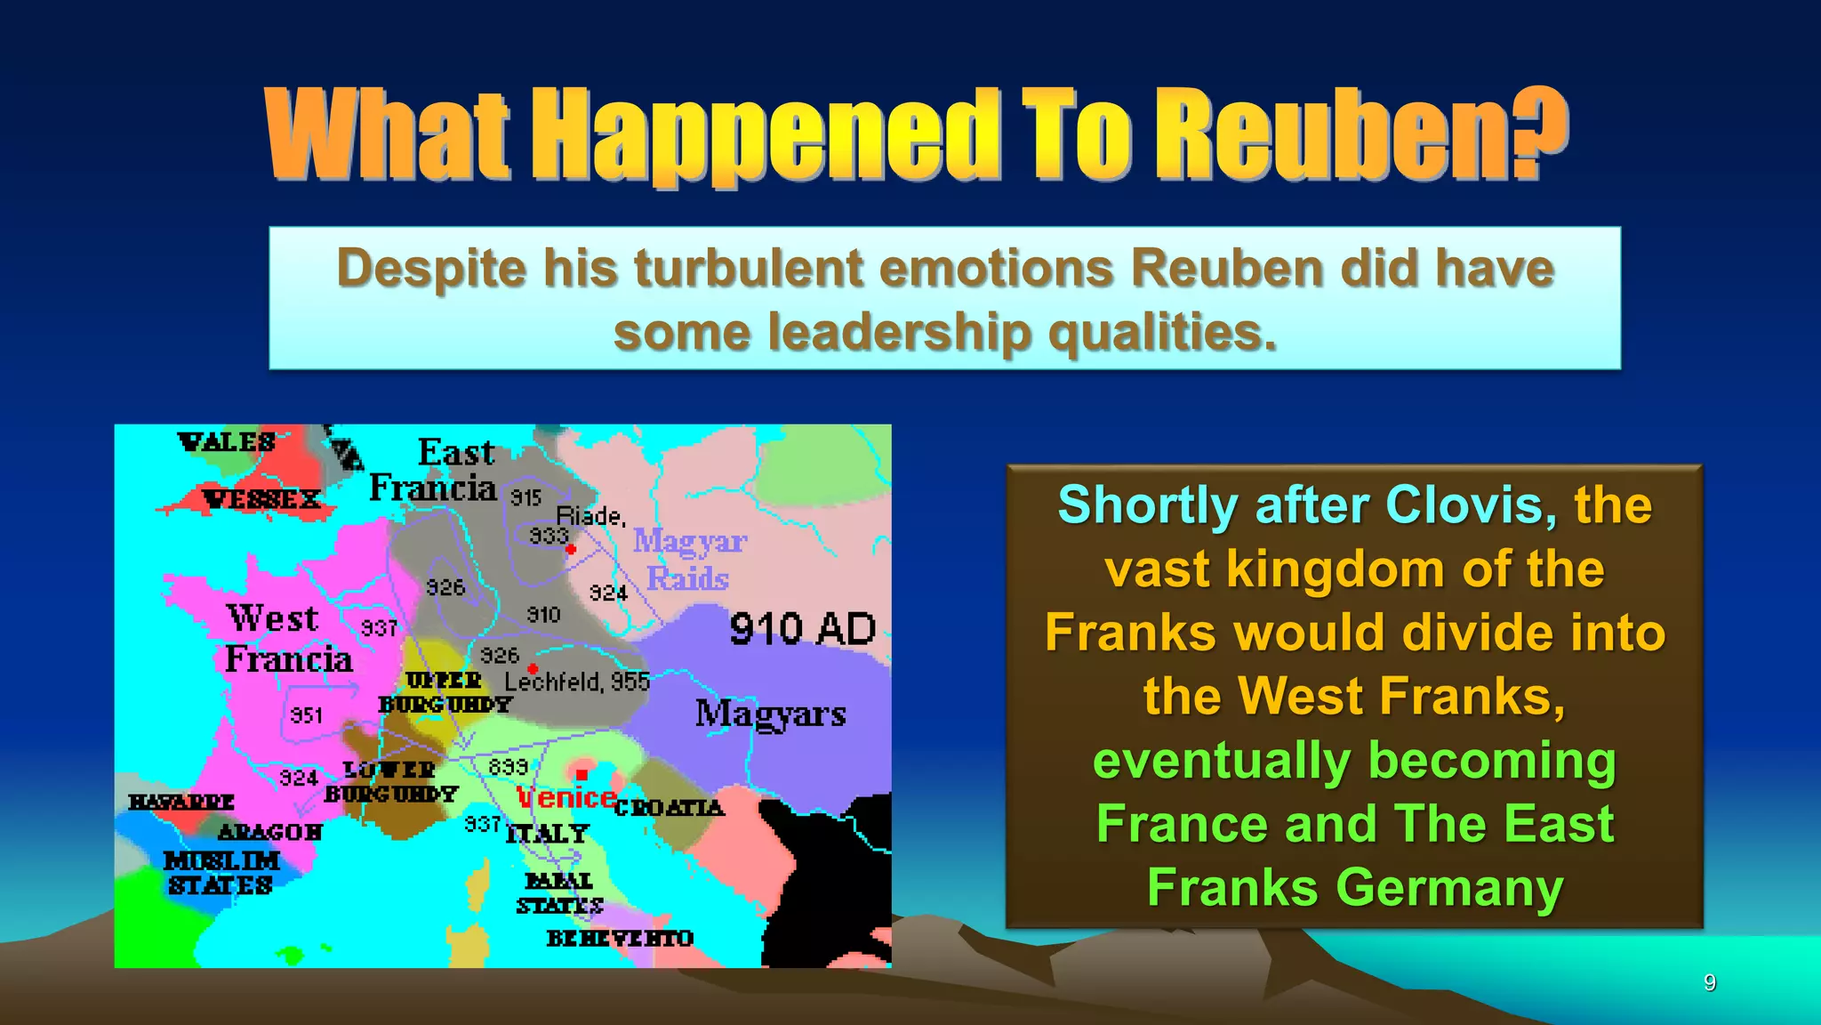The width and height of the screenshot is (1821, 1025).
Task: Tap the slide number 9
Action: (1709, 982)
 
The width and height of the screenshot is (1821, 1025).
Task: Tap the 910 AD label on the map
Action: (802, 629)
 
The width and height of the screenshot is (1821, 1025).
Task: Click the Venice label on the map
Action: (566, 797)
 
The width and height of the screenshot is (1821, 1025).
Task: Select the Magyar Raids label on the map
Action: (688, 559)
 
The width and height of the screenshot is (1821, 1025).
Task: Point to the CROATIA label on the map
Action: (670, 808)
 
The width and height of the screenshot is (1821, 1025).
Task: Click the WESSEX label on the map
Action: (261, 499)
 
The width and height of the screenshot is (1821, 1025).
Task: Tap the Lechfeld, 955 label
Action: (577, 682)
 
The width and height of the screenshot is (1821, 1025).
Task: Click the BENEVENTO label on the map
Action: (620, 938)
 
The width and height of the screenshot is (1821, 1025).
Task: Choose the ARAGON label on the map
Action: (270, 832)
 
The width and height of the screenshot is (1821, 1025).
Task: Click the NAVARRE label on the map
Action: (181, 802)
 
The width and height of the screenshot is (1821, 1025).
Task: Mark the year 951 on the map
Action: (307, 715)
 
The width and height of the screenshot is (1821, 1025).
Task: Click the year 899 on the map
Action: (509, 766)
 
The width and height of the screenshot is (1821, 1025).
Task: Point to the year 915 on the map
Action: (525, 498)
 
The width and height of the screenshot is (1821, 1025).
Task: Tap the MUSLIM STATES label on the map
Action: (221, 873)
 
